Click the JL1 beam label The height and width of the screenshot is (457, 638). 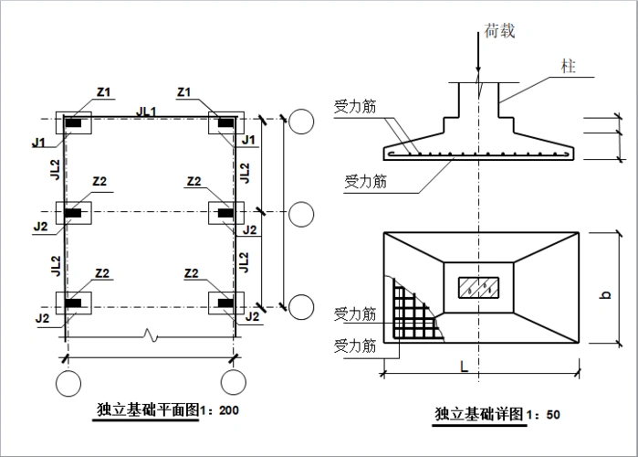(x=146, y=111)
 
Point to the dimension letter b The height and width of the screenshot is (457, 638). (x=605, y=295)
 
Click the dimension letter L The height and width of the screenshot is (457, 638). (x=465, y=366)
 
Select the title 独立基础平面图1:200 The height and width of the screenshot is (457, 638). (x=167, y=410)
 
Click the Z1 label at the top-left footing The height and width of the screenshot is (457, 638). (x=103, y=91)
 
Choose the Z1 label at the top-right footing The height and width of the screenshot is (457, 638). (x=183, y=91)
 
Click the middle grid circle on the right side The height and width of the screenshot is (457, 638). (x=302, y=214)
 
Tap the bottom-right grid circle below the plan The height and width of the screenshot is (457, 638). (x=233, y=380)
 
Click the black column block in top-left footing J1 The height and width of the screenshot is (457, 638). (x=74, y=122)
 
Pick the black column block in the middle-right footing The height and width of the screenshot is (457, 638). (x=225, y=214)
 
